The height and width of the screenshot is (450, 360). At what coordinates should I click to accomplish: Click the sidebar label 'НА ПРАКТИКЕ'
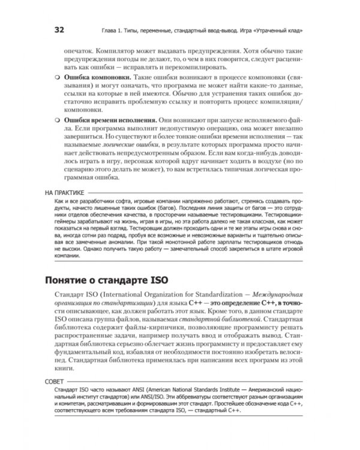64,193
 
